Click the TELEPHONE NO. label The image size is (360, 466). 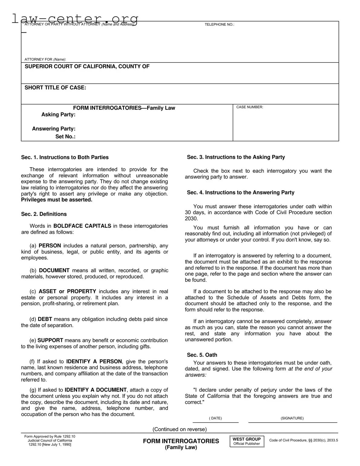point(219,24)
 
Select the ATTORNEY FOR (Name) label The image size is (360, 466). point(45,60)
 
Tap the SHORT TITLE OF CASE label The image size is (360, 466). point(55,88)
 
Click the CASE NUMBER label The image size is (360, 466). point(249,107)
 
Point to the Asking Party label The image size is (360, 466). point(58,115)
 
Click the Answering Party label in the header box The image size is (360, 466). point(54,129)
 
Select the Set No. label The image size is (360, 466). point(65,137)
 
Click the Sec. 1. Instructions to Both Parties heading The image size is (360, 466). point(65,157)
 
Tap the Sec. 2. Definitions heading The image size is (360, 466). point(44,214)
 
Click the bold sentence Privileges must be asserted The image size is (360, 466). point(57,200)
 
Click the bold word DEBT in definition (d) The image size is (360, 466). point(45,319)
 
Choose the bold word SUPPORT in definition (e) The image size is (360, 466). point(50,341)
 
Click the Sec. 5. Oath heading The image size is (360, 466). point(202,355)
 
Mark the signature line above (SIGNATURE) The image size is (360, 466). point(292,422)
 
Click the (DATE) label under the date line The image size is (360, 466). point(215,418)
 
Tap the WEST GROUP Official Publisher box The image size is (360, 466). point(247,442)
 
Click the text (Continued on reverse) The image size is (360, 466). point(180,429)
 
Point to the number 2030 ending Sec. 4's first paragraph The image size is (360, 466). point(191,219)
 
